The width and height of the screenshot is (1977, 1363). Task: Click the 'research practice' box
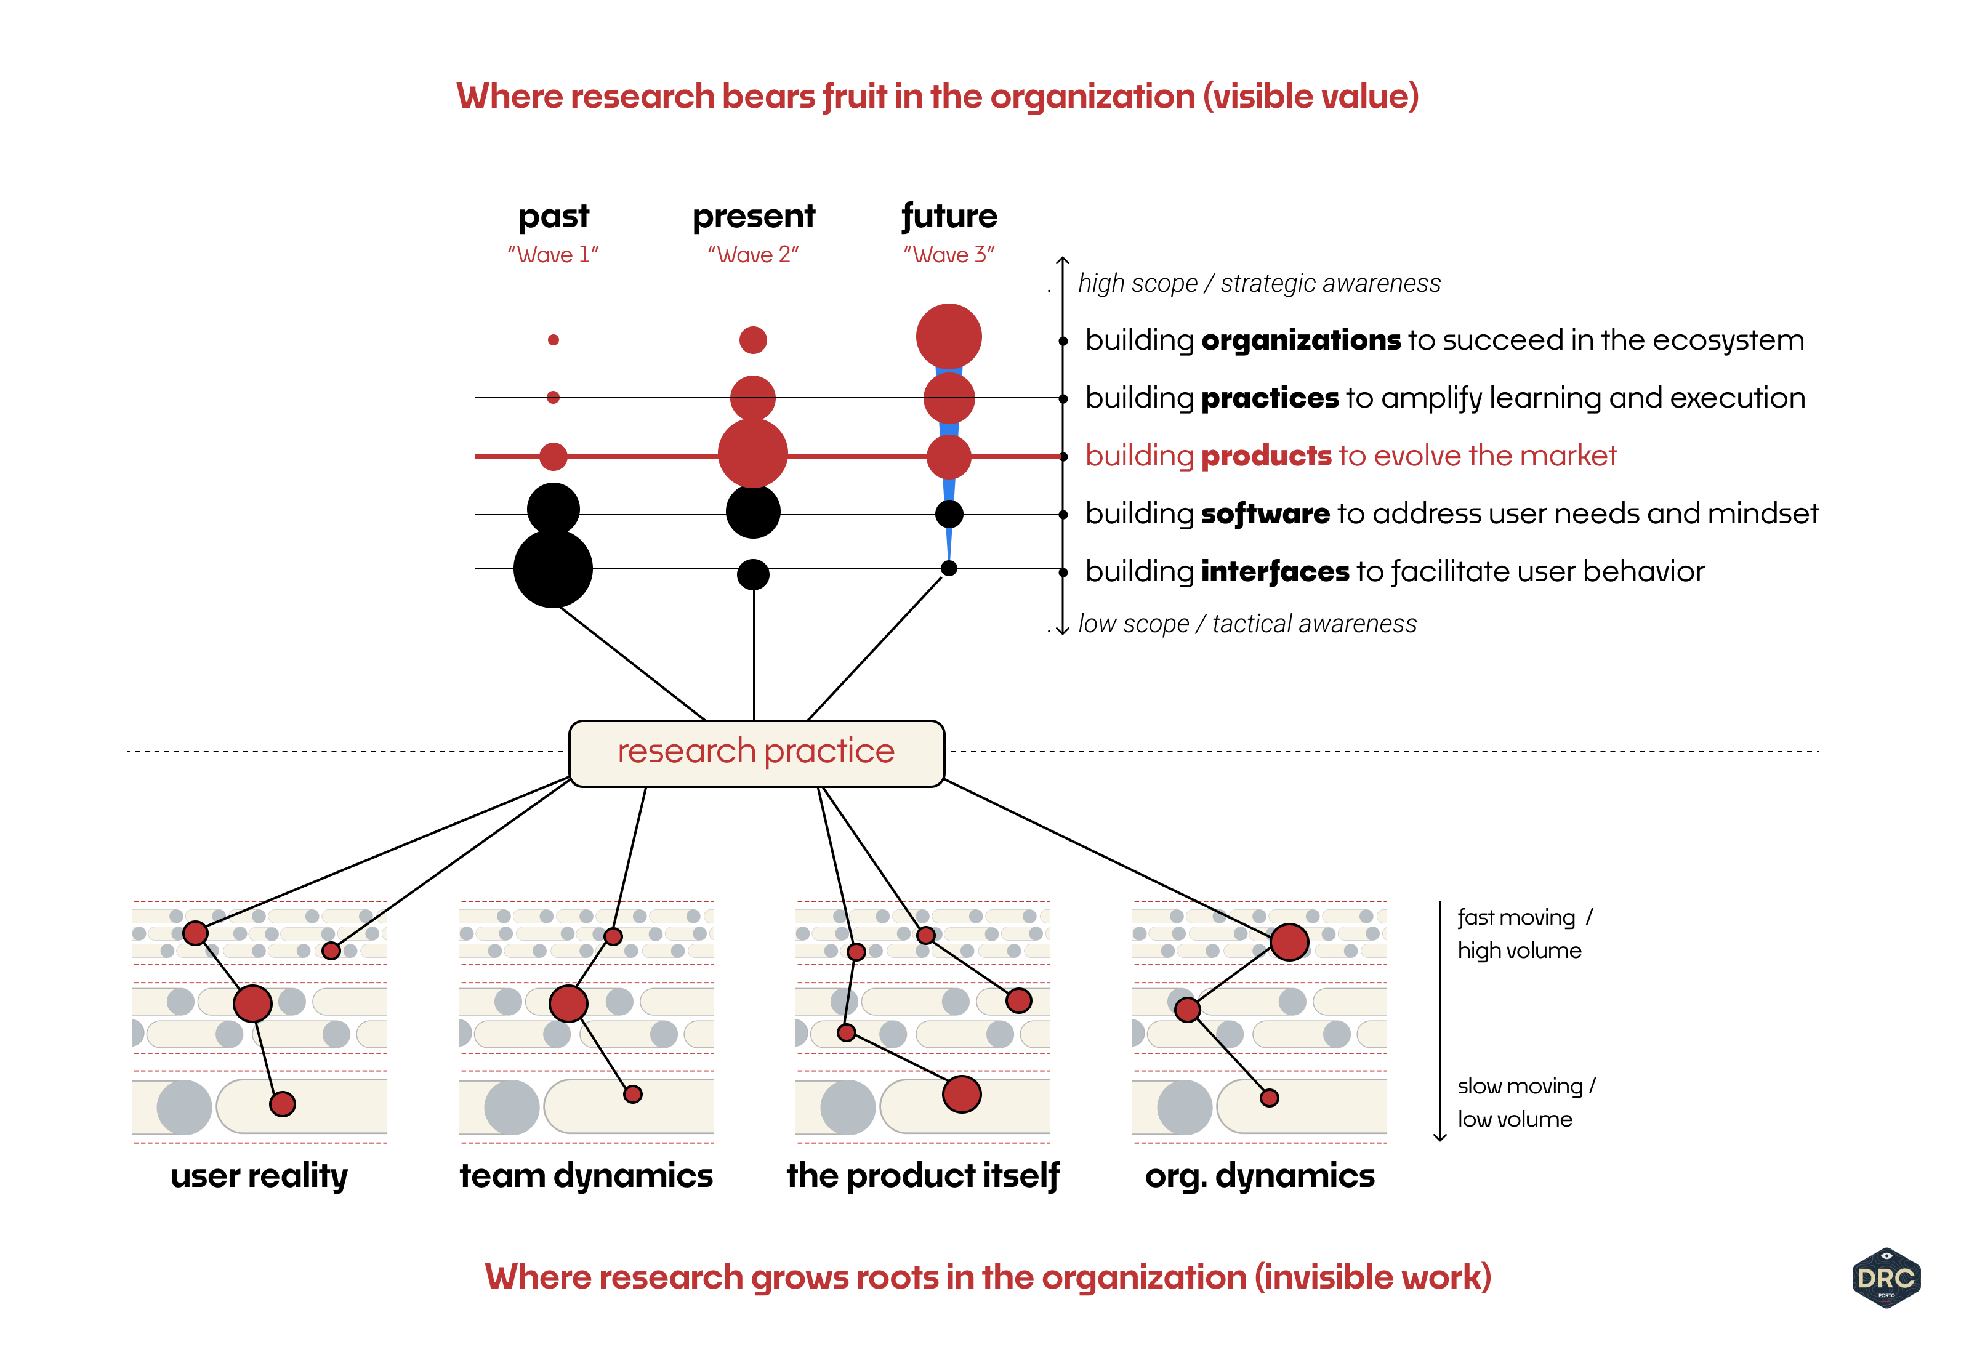pyautogui.click(x=756, y=752)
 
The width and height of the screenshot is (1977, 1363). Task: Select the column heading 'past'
pyautogui.click(x=554, y=217)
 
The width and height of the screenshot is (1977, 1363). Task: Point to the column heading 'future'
pyautogui.click(x=949, y=217)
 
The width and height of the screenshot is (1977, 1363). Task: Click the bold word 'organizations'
pyautogui.click(x=1300, y=340)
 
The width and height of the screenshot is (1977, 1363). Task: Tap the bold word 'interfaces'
pyautogui.click(x=1275, y=571)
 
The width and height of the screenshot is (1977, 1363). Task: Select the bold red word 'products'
pyautogui.click(x=1266, y=456)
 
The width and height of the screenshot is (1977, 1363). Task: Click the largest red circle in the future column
pyautogui.click(x=949, y=336)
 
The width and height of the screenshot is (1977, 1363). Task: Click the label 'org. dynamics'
pyautogui.click(x=1260, y=1176)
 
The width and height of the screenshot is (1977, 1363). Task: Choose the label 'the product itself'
pyautogui.click(x=922, y=1176)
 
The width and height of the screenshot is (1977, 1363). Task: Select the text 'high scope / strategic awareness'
pyautogui.click(x=1258, y=283)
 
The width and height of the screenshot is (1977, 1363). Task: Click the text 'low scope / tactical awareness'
pyautogui.click(x=1247, y=624)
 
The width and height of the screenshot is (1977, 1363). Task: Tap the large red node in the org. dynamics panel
pyautogui.click(x=1289, y=942)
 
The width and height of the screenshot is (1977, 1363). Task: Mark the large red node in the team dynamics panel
pyautogui.click(x=568, y=1003)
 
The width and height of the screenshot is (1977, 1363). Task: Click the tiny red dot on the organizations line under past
pyautogui.click(x=554, y=340)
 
